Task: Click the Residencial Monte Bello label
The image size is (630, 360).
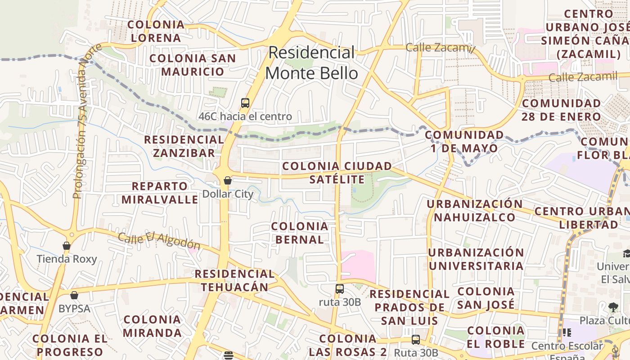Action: pos(312,63)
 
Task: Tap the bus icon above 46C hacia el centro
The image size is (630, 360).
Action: pos(245,103)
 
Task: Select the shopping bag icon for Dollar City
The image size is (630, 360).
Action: pos(228,180)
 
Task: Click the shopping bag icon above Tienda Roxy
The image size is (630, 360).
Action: pos(67,246)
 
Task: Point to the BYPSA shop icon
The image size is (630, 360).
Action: pos(74,295)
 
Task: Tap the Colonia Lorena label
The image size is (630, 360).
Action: pos(156,31)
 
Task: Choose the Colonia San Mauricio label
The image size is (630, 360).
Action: pos(193,65)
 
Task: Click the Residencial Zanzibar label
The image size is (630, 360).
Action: pos(184,146)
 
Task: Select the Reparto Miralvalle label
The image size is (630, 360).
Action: pos(160,193)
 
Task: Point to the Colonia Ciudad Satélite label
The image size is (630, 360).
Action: pos(337,173)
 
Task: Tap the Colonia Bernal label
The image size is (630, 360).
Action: pos(300,233)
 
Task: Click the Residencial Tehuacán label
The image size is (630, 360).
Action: pos(234,280)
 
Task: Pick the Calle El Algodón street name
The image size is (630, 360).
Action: pos(159,240)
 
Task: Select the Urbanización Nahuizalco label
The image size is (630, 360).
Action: pos(475,211)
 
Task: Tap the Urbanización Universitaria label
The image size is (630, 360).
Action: pos(476,259)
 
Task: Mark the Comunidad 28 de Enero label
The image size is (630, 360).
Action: pos(561,110)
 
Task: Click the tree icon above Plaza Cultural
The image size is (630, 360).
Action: pos(613,308)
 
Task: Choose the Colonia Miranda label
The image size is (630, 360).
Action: pos(152,326)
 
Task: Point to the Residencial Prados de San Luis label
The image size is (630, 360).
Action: pos(409,307)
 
